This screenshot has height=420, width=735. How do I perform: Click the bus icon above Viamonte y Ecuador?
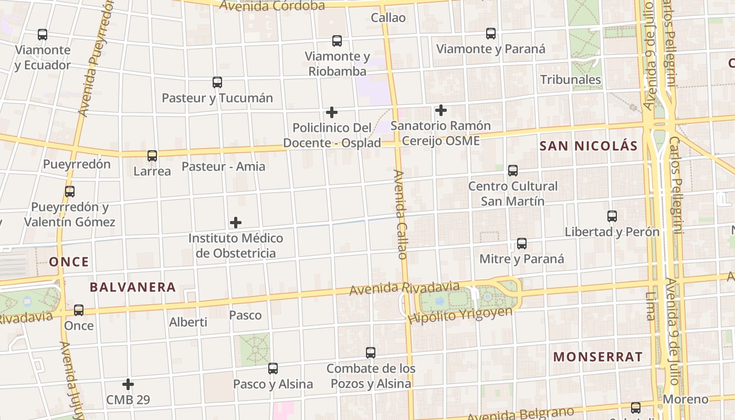[x=43, y=35]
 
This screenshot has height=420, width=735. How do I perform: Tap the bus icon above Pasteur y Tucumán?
[x=217, y=82]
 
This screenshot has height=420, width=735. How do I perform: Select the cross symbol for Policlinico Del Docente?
[x=332, y=112]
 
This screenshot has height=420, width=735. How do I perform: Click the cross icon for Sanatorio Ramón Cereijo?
[x=441, y=110]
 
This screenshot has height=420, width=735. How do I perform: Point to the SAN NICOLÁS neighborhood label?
[x=588, y=146]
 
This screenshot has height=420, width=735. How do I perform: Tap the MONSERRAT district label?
[x=597, y=357]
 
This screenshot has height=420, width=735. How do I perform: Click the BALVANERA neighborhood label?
[x=132, y=287]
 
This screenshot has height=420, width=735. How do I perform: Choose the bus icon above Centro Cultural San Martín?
[x=513, y=171]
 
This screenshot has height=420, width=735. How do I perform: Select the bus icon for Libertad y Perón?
[x=612, y=216]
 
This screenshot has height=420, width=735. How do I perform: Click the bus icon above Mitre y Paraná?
[x=521, y=244]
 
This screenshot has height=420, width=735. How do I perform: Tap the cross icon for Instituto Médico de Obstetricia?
[x=236, y=223]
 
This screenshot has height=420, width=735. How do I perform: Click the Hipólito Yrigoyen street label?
[x=460, y=315]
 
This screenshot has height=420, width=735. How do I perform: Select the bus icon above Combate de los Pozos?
[x=371, y=353]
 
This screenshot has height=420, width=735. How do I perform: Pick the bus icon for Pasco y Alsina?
[x=272, y=369]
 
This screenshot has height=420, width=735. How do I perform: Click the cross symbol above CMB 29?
[x=128, y=384]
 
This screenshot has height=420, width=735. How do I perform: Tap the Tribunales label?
[x=571, y=80]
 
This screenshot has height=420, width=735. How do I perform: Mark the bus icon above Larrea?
[x=152, y=156]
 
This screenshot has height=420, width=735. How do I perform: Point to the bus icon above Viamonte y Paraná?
[x=491, y=34]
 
